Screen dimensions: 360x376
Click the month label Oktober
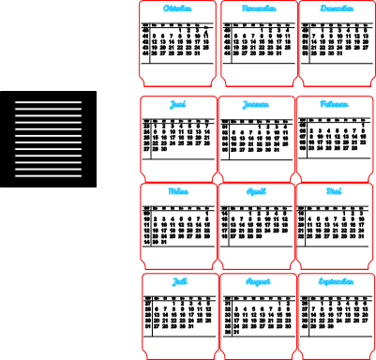point(177,9)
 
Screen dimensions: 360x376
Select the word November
point(259,9)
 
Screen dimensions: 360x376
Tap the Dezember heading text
point(337,9)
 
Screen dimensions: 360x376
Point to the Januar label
point(256,105)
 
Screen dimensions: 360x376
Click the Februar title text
point(334,105)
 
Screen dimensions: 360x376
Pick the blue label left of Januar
point(178,105)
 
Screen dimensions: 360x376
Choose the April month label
point(256,191)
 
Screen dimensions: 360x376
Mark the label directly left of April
point(178,191)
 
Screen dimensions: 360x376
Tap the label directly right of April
point(334,191)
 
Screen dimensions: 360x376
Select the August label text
point(258,281)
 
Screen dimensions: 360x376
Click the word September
point(336,281)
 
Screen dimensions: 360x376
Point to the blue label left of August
point(180,281)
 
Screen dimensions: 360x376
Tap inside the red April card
point(256,231)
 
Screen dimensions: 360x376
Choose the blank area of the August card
point(258,319)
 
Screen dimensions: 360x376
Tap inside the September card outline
point(336,319)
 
